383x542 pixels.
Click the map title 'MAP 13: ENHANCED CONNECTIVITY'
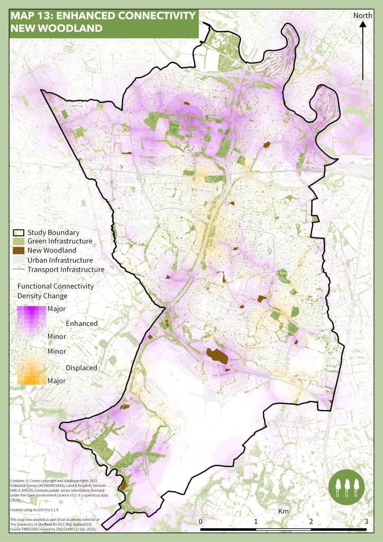(103, 16)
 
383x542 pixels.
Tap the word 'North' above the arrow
(363, 15)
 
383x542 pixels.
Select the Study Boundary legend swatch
(19, 232)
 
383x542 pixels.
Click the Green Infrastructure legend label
(60, 241)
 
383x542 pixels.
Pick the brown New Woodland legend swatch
(19, 250)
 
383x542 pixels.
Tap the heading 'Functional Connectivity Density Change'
(56, 291)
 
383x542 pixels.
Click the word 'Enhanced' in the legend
(81, 323)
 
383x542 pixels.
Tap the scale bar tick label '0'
(201, 522)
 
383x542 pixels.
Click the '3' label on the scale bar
(367, 522)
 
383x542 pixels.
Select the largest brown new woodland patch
(217, 356)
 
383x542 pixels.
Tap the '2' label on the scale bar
(311, 522)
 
